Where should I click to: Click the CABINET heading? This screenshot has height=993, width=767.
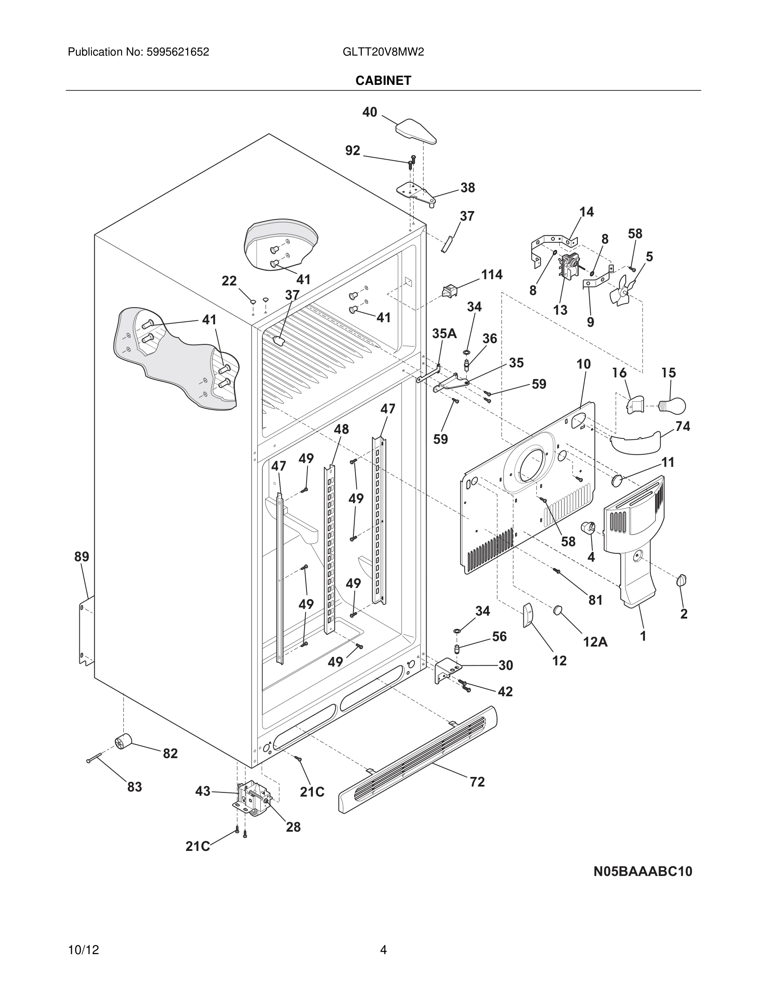tap(383, 81)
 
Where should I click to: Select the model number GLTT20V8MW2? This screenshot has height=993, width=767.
tap(383, 52)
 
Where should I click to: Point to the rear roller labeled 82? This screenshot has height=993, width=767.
tap(123, 741)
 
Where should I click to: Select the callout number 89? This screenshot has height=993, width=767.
tap(82, 557)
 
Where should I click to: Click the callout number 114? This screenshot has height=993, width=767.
tap(492, 275)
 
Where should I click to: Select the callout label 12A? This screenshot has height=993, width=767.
tap(595, 642)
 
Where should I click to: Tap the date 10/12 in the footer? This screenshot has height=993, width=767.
tap(83, 950)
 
